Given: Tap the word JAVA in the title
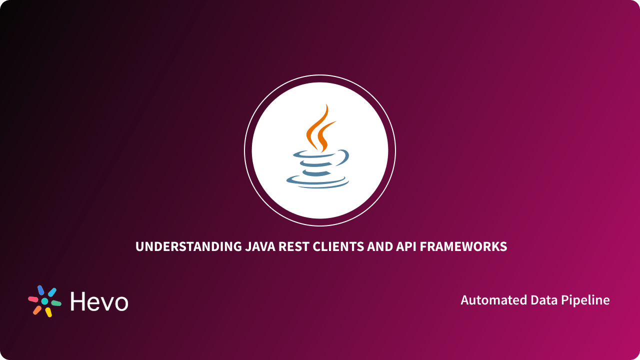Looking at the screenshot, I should (262, 246).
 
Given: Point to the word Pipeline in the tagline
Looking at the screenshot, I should (584, 300).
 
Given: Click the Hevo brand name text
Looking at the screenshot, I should (99, 301).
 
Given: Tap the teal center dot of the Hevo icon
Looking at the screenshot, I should (44, 301).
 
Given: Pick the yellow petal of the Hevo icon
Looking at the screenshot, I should (48, 312).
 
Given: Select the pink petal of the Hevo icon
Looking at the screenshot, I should (33, 299).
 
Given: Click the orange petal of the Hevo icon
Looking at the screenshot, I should (37, 310).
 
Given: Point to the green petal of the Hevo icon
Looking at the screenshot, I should (56, 303).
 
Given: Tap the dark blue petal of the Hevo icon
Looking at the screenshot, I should (40, 290).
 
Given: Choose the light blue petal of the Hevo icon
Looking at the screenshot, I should (51, 292).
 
